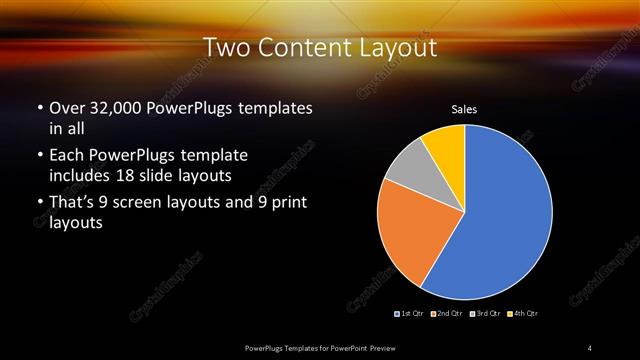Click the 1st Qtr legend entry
click(x=410, y=314)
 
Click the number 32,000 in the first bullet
click(x=115, y=108)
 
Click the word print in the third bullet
click(x=288, y=205)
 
